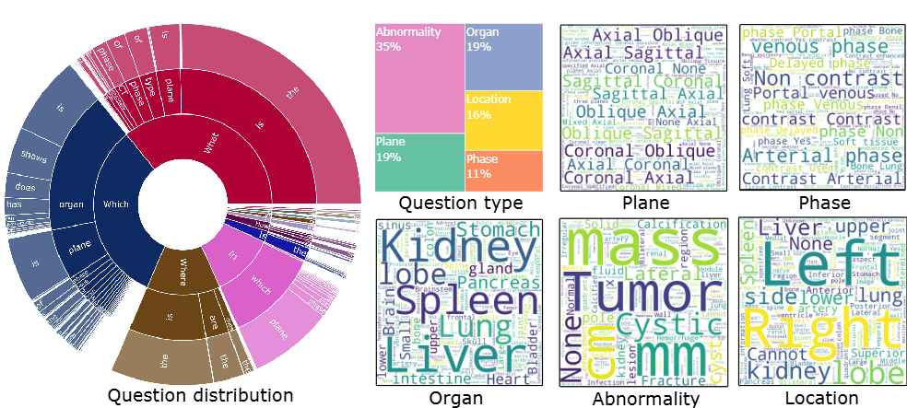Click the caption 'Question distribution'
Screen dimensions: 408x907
click(200, 396)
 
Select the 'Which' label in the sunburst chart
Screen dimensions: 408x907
click(117, 204)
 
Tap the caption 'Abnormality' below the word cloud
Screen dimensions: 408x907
click(645, 399)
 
